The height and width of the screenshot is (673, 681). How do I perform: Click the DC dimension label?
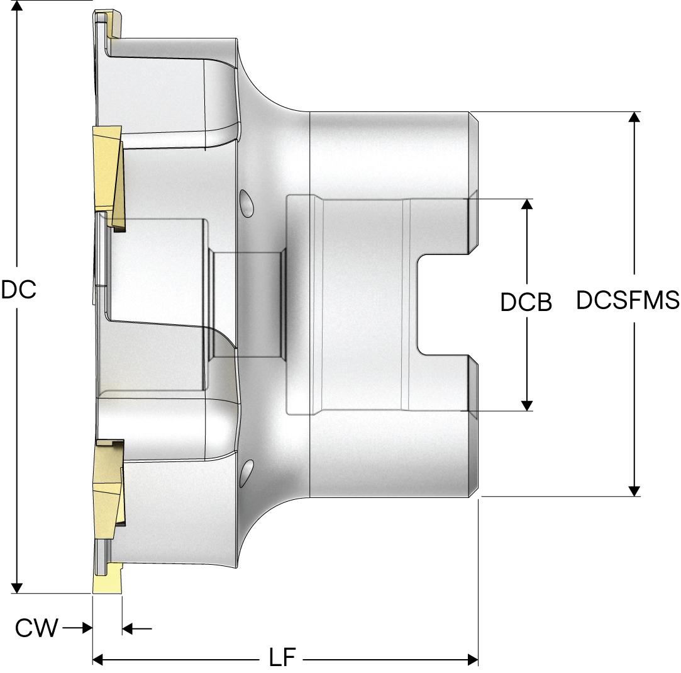click(18, 290)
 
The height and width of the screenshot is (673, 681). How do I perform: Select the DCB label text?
click(526, 303)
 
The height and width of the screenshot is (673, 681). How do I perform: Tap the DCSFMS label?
click(627, 300)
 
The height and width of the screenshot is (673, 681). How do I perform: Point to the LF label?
click(283, 659)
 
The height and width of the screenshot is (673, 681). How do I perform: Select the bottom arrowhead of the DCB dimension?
click(527, 404)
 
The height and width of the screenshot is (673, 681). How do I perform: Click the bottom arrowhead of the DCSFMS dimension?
click(635, 490)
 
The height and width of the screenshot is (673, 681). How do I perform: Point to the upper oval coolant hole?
click(246, 203)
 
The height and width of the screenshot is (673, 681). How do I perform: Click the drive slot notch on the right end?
click(443, 305)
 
